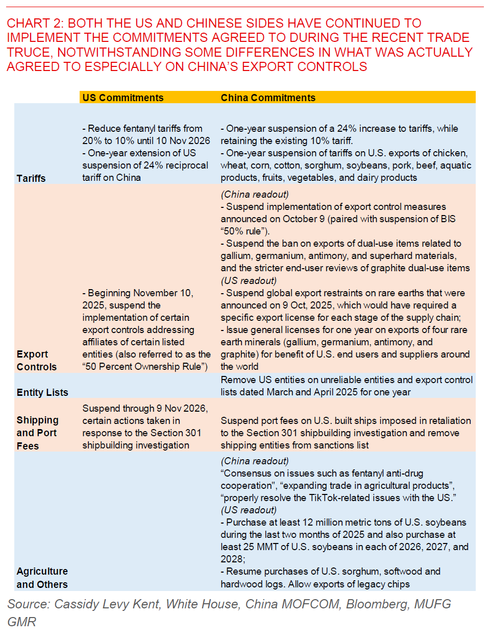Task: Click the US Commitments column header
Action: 123,98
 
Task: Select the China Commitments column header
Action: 268,98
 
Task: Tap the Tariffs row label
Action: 31,178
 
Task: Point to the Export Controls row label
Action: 36,361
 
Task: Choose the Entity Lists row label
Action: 42,392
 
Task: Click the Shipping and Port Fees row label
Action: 37,433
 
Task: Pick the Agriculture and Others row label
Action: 42,578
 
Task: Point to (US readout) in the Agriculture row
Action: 249,510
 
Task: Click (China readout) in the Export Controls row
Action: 255,194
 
